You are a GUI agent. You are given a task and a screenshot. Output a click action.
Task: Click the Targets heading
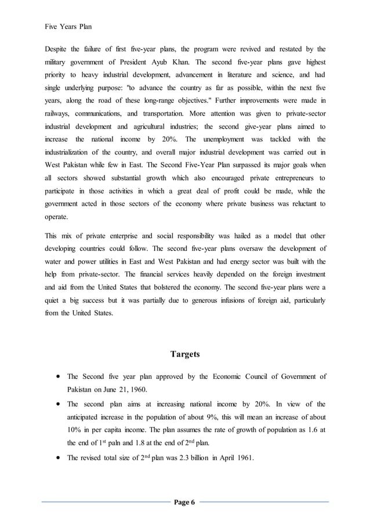[x=185, y=354]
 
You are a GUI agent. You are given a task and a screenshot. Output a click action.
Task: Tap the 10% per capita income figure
[x=75, y=431]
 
